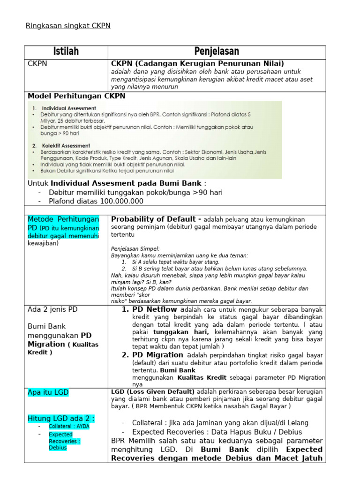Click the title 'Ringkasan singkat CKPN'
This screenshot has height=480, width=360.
point(68,26)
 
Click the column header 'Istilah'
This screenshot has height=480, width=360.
point(66,52)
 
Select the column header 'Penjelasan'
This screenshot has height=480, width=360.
point(217,52)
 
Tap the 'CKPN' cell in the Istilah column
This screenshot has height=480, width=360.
point(37,63)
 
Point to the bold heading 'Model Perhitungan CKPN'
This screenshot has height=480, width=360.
point(76,96)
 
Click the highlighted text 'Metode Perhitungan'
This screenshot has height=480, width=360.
point(63,219)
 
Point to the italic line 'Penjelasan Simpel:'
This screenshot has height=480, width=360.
point(135,248)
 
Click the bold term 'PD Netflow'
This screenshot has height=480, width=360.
point(155,309)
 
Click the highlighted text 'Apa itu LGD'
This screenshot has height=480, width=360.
point(48,392)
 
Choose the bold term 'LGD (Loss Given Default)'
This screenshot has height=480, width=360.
point(153,391)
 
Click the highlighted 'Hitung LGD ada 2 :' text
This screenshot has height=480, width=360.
point(60,418)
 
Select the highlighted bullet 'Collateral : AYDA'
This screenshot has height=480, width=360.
point(68,426)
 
